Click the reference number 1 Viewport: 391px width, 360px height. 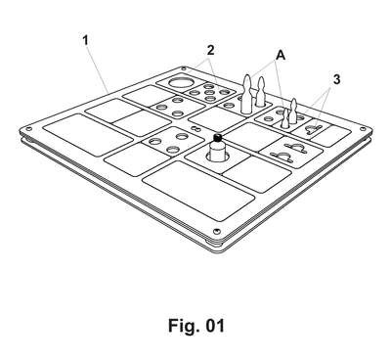[x=85, y=41]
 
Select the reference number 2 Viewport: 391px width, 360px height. [x=210, y=50]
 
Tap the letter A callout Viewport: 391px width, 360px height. [x=281, y=56]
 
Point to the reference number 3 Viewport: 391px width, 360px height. [x=336, y=79]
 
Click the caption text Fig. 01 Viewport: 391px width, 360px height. [x=196, y=325]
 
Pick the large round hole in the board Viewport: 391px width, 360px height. [x=181, y=81]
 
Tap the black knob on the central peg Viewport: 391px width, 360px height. [x=218, y=137]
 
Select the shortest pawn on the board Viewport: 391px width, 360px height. [x=285, y=118]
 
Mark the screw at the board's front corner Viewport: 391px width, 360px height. [x=216, y=231]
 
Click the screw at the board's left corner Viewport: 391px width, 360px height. [x=28, y=129]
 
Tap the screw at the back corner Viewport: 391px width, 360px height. [x=184, y=68]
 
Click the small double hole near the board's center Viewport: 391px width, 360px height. [x=195, y=129]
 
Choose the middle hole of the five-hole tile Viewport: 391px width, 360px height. [x=209, y=92]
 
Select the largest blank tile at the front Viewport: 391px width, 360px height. [x=198, y=191]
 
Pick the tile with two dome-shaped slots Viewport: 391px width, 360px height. [x=291, y=153]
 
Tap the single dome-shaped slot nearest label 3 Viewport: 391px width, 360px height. [x=313, y=130]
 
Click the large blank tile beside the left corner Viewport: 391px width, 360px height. [x=88, y=135]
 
